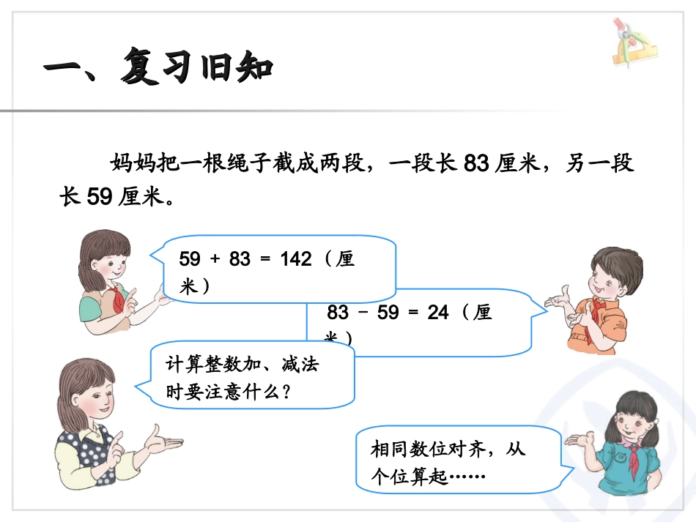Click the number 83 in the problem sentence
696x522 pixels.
pos(475,164)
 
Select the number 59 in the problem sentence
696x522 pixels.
pos(100,196)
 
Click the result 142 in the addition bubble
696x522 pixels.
pos(296,260)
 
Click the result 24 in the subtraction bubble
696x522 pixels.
pos(437,313)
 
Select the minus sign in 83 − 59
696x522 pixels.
pos(364,313)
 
